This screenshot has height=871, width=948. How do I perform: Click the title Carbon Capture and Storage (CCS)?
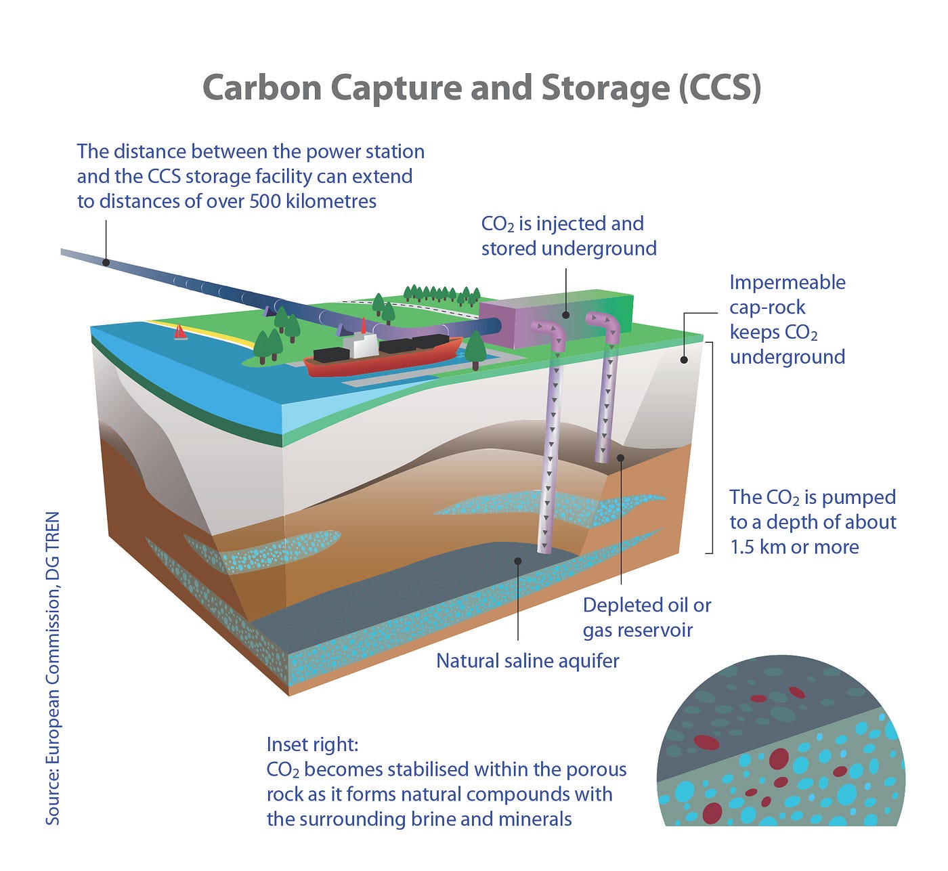(x=481, y=88)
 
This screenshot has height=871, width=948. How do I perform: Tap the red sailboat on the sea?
(x=180, y=332)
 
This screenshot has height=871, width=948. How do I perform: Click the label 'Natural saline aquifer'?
(x=527, y=660)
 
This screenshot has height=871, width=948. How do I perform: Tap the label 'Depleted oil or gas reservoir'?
(x=647, y=617)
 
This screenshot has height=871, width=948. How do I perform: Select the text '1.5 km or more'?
(x=794, y=547)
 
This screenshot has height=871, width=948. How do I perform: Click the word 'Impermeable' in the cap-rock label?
(x=787, y=282)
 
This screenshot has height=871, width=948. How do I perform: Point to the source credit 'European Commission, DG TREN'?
(x=53, y=667)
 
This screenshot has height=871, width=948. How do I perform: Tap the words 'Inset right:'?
(x=312, y=744)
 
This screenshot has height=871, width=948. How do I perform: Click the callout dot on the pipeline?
(x=106, y=262)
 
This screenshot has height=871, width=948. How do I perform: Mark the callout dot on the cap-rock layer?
(x=684, y=360)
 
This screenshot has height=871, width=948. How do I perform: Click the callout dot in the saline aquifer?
(x=517, y=561)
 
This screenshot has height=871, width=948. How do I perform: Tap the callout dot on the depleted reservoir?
(x=620, y=458)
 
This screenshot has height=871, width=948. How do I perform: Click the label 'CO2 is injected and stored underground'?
(x=569, y=236)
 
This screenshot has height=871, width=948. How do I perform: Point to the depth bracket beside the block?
(x=711, y=447)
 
